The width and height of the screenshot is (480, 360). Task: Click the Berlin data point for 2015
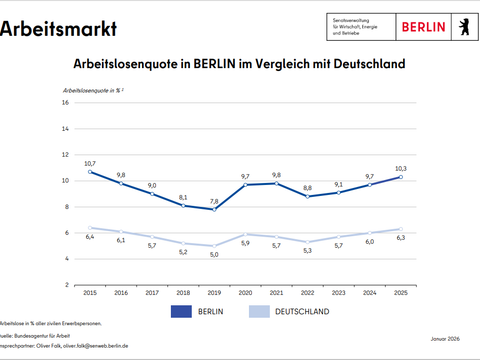[x=91, y=172]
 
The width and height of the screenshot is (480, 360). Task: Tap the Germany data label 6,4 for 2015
[x=90, y=237]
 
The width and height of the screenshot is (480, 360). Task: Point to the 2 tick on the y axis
[x=66, y=285]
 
